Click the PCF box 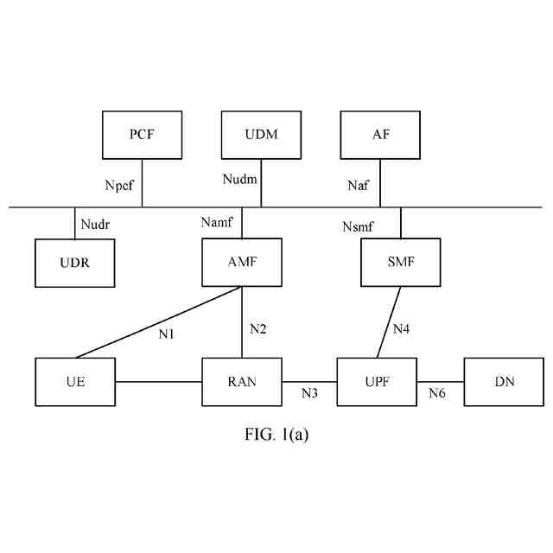pos(143,134)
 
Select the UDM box pos(261,134)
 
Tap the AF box pos(380,134)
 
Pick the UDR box pos(75,263)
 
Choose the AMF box pos(241,263)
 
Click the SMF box pos(400,263)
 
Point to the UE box pos(75,381)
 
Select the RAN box pos(241,381)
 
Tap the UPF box pos(377,381)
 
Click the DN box pos(505,381)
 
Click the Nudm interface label pos(239,179)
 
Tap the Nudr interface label pos(96,224)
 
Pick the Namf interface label pos(217,223)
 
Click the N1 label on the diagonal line pos(167,334)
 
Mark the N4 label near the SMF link pos(402,328)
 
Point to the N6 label pos(438,393)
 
